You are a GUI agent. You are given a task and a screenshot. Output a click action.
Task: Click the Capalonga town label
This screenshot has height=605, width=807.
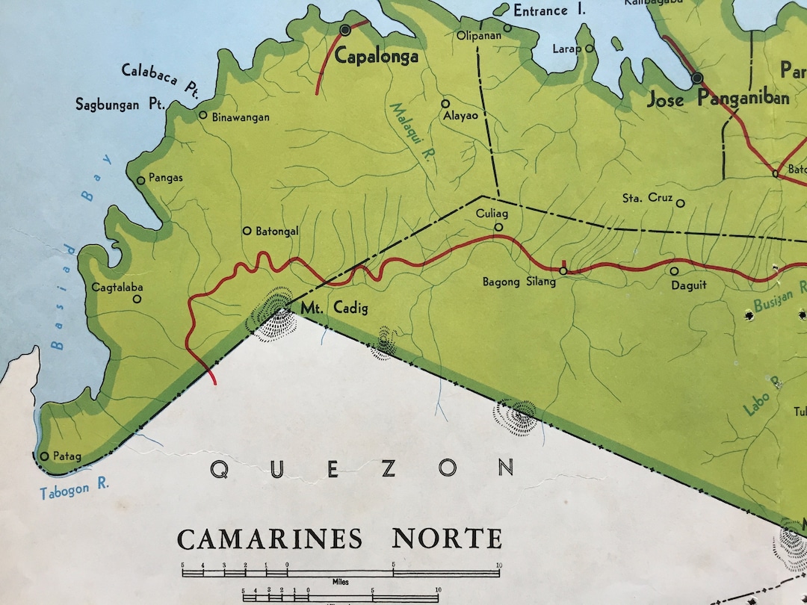tap(377, 58)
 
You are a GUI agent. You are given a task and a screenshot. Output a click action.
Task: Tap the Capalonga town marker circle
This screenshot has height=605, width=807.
tap(345, 30)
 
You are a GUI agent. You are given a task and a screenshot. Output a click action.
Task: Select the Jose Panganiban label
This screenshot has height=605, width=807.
tap(717, 99)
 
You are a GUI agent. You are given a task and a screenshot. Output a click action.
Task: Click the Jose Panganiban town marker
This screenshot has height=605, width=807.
tap(697, 78)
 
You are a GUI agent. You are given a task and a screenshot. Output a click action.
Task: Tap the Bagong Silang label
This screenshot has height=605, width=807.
tap(519, 282)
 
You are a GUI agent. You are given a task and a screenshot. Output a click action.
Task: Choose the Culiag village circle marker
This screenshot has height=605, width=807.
tap(499, 228)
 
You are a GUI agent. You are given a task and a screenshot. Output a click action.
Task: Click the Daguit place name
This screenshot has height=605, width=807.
tap(688, 285)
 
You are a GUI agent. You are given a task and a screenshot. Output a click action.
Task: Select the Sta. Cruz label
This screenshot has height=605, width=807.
tap(647, 199)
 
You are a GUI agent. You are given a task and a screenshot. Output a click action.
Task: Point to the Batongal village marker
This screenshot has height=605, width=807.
tap(247, 232)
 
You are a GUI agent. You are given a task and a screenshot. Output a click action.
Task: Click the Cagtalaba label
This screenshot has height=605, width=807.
tap(117, 287)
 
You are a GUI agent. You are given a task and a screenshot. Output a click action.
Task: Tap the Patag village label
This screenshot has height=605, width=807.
tap(67, 456)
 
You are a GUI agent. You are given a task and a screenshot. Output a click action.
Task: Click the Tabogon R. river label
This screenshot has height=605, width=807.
tap(75, 488)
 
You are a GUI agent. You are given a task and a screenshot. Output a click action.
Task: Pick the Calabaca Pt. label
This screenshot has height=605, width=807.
tap(161, 79)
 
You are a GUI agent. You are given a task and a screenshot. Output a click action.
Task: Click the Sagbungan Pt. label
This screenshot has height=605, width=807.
tap(120, 105)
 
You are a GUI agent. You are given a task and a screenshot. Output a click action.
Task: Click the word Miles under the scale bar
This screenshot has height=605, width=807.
tap(341, 580)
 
